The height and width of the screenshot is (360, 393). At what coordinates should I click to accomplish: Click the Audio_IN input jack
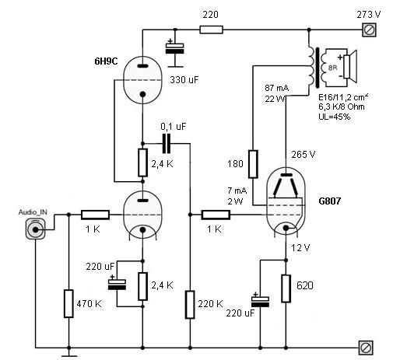tap(35, 229)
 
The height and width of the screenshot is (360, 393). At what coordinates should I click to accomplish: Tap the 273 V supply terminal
tap(369, 30)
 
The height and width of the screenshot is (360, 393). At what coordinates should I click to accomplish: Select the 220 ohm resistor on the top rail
tap(211, 30)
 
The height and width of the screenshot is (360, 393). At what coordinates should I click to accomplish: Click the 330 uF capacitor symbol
tap(174, 48)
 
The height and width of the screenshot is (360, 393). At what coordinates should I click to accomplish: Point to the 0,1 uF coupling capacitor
tap(167, 144)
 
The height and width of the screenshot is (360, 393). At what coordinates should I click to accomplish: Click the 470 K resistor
tap(68, 303)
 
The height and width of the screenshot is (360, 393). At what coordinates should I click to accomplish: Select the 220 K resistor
tap(190, 305)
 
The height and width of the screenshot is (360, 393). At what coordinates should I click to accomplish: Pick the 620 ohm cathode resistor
tap(286, 288)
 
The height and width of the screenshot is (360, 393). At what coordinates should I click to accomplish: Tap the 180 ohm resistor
tap(253, 164)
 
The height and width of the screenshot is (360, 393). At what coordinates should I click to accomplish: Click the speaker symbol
tap(350, 67)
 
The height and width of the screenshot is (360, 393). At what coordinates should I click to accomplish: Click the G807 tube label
tap(329, 201)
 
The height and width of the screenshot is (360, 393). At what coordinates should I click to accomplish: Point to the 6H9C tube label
tap(106, 61)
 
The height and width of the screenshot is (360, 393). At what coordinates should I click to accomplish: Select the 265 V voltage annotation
tap(304, 155)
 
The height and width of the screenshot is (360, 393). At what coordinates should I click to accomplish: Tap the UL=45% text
tap(335, 117)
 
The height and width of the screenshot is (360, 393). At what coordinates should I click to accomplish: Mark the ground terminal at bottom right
tap(366, 348)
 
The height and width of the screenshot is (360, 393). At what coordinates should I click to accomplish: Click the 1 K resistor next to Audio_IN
tap(95, 215)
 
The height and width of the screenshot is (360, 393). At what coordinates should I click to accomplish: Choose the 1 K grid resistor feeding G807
tap(216, 215)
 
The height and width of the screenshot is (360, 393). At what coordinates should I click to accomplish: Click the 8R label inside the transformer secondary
tap(332, 68)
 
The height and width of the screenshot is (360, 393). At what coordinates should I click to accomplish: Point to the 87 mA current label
tap(277, 88)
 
